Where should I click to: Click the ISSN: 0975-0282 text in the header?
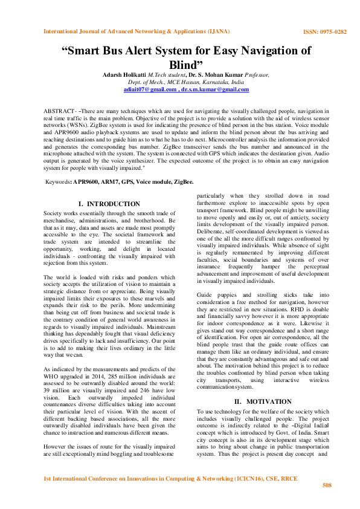(324, 31)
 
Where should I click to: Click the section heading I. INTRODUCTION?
(109, 204)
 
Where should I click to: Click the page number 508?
(327, 485)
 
